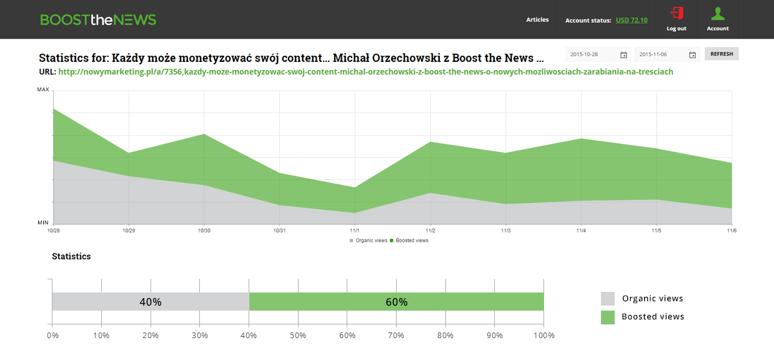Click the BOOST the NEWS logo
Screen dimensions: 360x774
98,20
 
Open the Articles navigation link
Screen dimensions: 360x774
537,20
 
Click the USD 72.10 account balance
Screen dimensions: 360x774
632,20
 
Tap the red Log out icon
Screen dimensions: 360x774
677,14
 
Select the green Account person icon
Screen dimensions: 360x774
718,14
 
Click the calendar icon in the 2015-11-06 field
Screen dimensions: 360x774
692,55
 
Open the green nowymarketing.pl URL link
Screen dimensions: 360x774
365,72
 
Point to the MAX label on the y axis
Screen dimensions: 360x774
43,90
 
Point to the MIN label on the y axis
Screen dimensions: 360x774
43,222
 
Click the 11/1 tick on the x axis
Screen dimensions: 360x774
355,231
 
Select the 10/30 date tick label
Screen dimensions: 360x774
204,231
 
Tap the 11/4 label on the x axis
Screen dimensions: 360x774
581,231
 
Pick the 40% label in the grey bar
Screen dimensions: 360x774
151,302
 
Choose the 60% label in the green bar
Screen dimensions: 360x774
397,302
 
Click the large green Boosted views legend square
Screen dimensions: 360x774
608,317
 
